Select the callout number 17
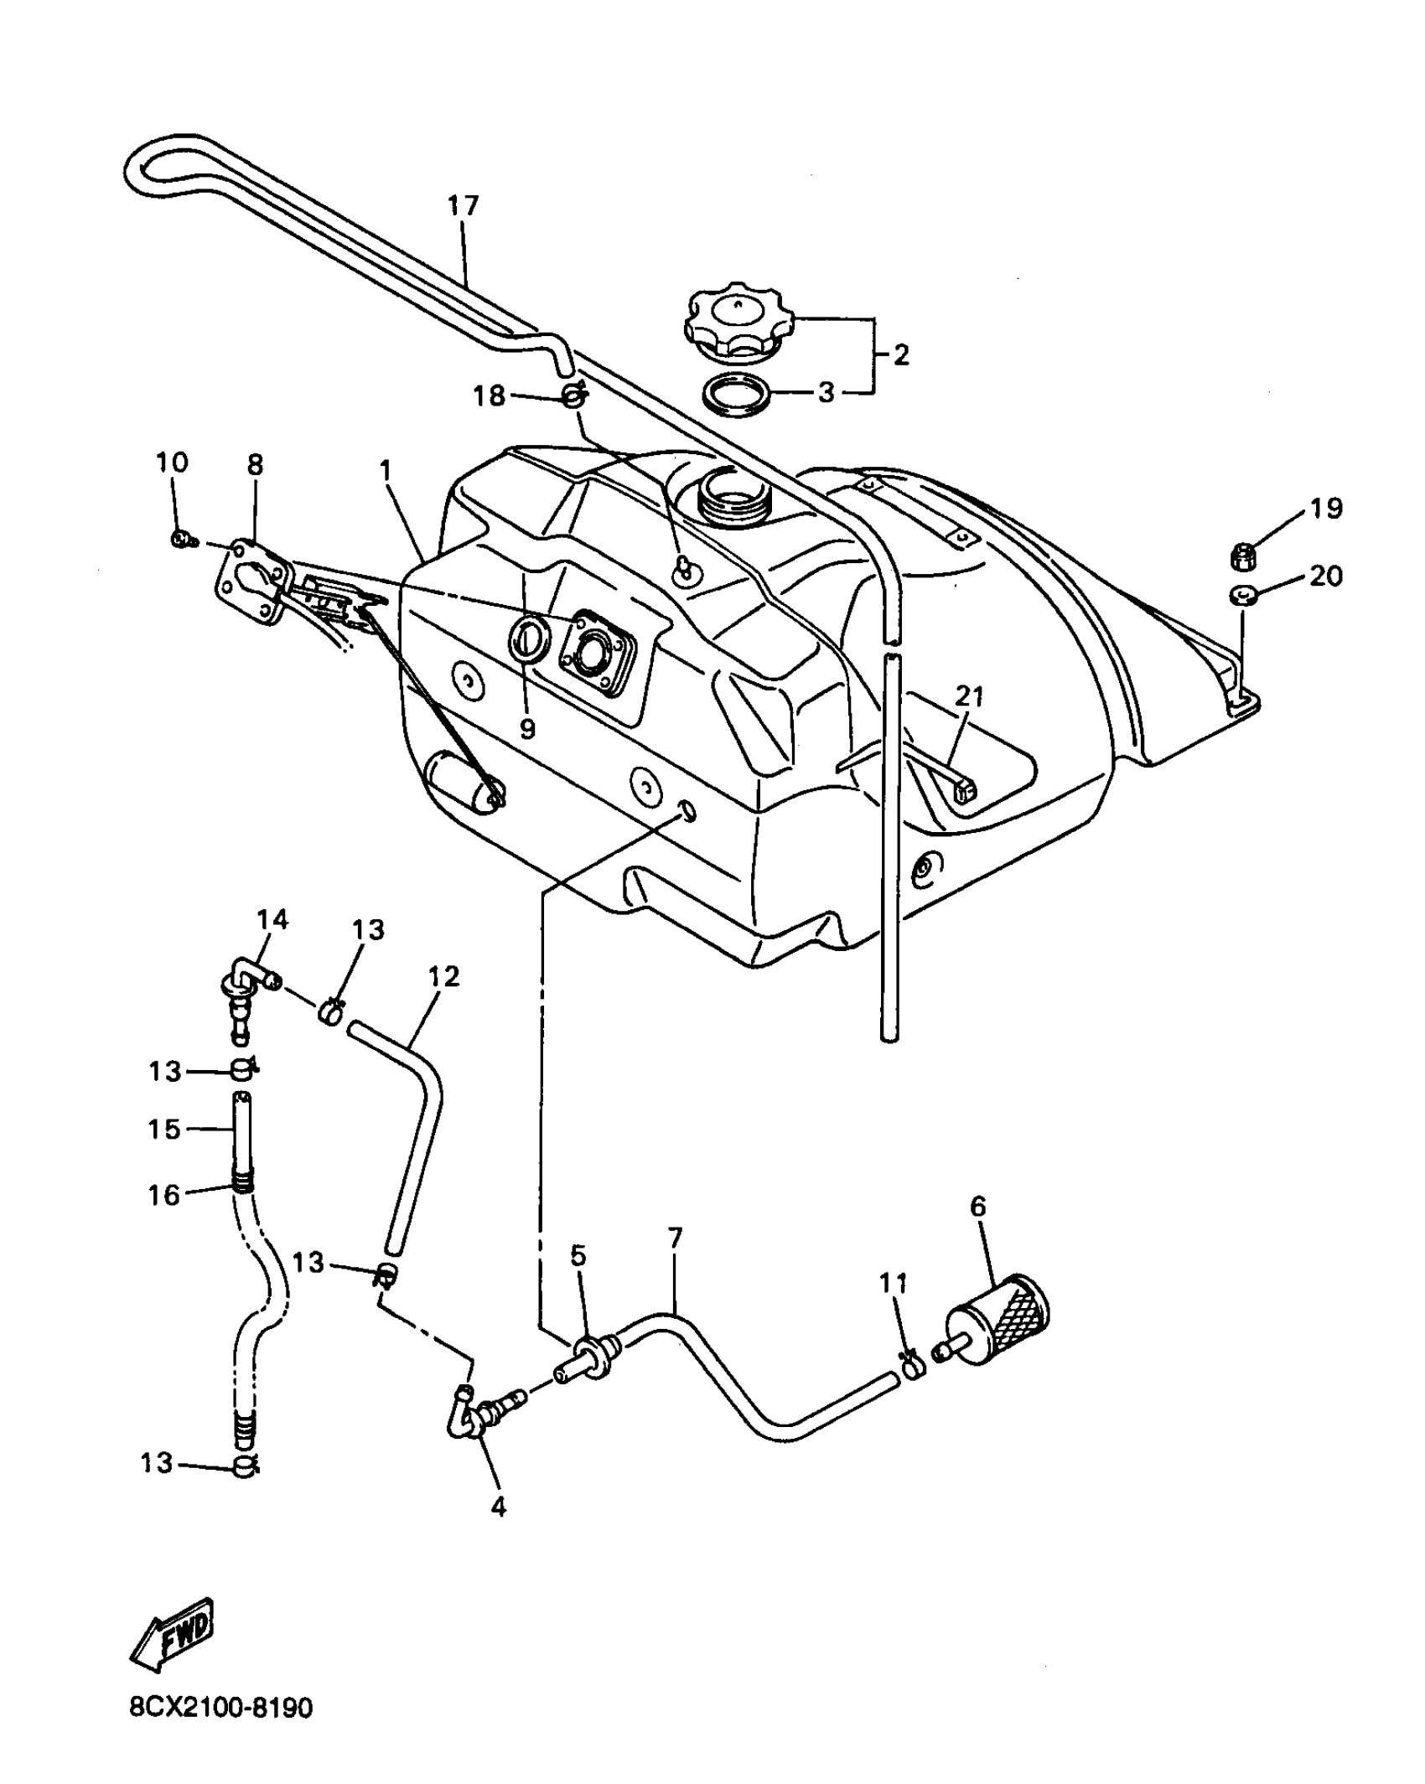(463, 205)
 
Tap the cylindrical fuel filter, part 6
(1001, 1326)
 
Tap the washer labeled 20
(1243, 596)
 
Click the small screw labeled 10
(180, 539)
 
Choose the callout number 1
(386, 471)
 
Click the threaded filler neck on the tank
(732, 494)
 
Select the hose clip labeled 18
(574, 394)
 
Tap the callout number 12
(444, 977)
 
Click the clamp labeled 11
(913, 1368)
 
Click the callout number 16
(164, 1195)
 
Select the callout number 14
(272, 919)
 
